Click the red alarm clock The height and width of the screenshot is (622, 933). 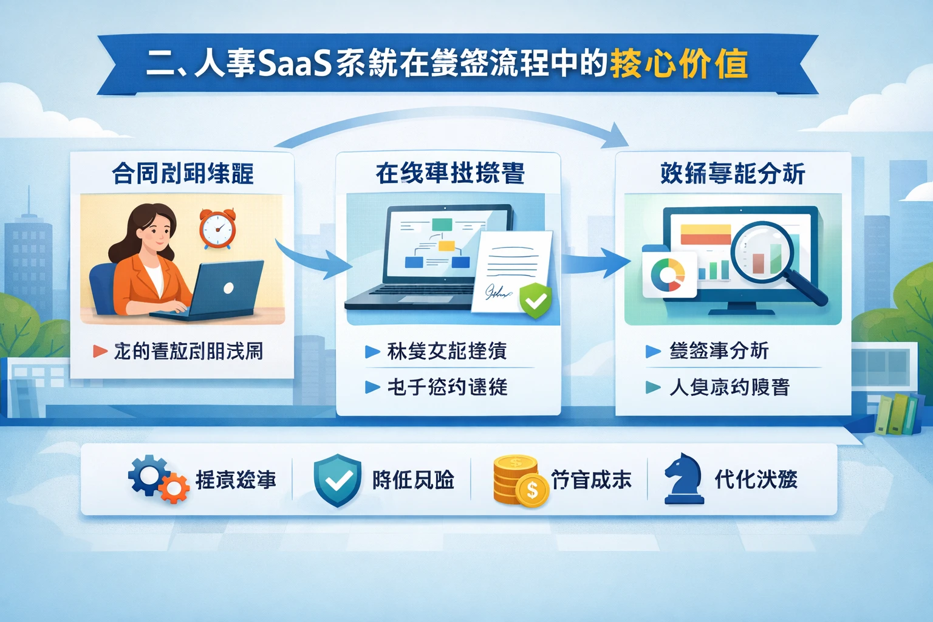(217, 229)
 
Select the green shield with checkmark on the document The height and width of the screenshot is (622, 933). (536, 299)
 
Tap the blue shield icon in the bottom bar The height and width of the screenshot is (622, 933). (337, 480)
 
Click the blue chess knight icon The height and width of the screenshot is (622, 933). (683, 479)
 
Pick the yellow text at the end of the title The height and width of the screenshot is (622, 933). (678, 64)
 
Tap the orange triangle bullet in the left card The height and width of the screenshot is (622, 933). (100, 351)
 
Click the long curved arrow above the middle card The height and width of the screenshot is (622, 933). (449, 121)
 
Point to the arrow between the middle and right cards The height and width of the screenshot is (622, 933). (595, 262)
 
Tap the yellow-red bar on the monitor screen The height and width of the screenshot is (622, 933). (706, 234)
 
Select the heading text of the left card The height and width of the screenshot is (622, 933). (182, 174)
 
